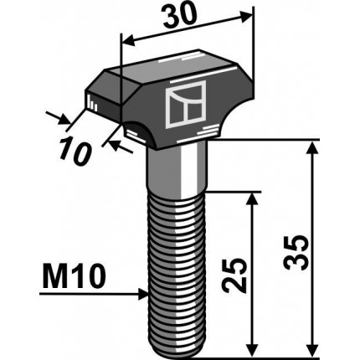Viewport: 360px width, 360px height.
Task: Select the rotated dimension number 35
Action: click(x=296, y=252)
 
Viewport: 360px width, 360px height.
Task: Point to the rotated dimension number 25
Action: click(x=234, y=275)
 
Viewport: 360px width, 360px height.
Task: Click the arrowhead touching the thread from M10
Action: click(x=143, y=294)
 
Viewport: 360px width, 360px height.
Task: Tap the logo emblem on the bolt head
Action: click(x=185, y=105)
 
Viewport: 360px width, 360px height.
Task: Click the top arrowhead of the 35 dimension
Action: click(x=312, y=148)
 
